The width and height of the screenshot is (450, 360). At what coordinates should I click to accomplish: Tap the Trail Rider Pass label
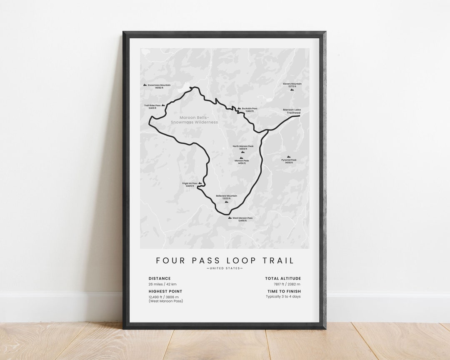pos(152,106)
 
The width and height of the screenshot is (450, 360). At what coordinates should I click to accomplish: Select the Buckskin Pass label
pos(250,110)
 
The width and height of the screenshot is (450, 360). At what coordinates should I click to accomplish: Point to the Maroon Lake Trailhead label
pos(292,111)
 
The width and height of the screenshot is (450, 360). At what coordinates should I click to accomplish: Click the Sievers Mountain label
pos(292,85)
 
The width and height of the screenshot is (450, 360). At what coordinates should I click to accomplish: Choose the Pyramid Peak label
pos(289,161)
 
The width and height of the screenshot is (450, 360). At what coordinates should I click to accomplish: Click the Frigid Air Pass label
pos(190,184)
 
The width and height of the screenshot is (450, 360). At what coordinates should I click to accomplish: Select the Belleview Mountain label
pos(226,197)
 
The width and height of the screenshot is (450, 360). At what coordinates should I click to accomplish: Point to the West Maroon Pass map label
pos(242,219)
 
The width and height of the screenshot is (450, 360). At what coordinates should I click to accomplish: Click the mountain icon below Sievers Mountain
pos(292,90)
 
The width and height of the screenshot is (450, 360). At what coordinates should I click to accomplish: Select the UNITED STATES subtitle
pos(225,268)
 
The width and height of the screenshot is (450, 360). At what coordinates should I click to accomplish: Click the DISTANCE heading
pos(160,278)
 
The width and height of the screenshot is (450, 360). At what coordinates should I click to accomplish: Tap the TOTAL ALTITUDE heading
pos(283,278)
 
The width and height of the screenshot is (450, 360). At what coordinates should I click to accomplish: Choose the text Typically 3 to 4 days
pos(283,297)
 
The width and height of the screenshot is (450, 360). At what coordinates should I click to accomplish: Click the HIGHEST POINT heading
pos(165,291)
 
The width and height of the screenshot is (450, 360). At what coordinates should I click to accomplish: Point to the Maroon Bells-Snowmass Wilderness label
pos(194,120)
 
